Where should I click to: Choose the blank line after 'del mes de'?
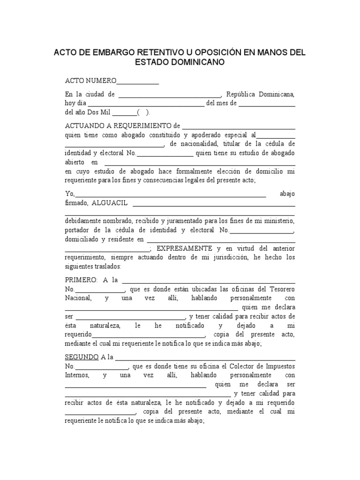tap(267, 104)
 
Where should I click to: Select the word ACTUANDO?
tap(84, 126)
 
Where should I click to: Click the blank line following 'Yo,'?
tap(171, 194)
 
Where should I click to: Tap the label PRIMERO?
tap(81, 280)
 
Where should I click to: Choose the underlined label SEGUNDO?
tap(82, 357)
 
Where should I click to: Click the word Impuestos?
tap(279, 366)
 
